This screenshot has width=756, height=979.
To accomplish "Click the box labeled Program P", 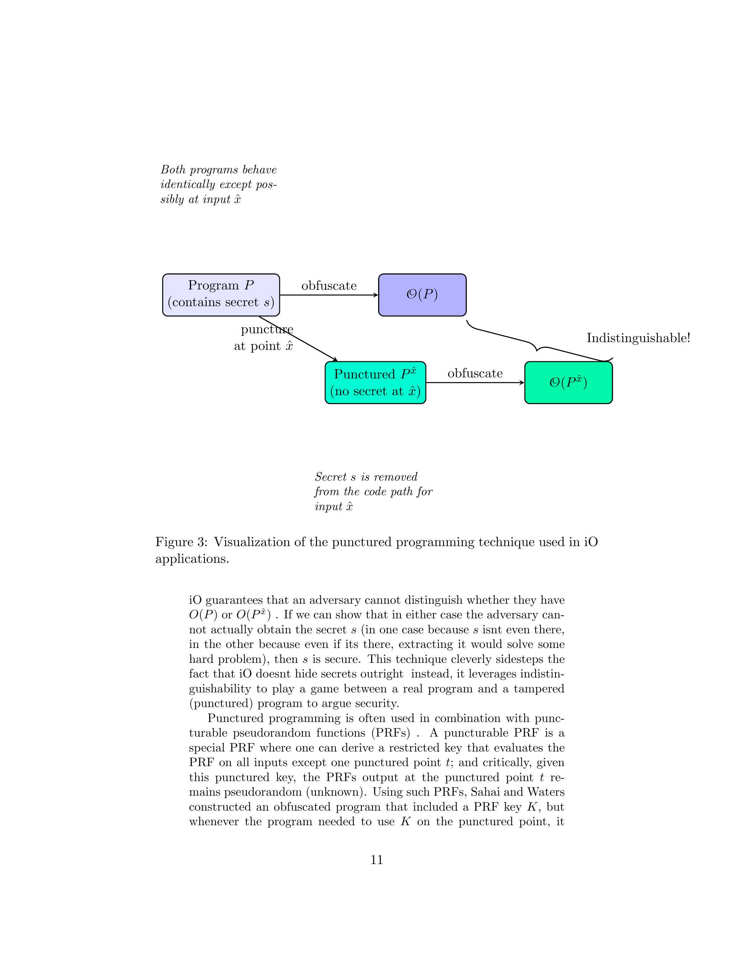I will click(221, 294).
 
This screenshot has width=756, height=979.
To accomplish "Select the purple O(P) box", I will click(422, 294).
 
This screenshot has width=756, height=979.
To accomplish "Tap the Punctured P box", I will click(375, 382).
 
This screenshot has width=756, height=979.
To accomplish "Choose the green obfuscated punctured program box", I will click(568, 382).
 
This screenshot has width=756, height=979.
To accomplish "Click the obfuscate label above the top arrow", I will click(329, 286).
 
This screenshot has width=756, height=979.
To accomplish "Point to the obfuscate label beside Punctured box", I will click(475, 373).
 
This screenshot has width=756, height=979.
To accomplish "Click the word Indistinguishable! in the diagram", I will click(638, 338).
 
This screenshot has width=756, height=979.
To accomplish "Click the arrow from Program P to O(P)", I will click(329, 295).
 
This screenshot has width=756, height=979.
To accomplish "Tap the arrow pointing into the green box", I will click(475, 383).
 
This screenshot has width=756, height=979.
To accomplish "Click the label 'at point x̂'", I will click(263, 346).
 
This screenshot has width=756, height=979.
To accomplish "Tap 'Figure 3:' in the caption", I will click(181, 543).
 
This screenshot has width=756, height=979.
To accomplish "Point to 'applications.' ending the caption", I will click(192, 559).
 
